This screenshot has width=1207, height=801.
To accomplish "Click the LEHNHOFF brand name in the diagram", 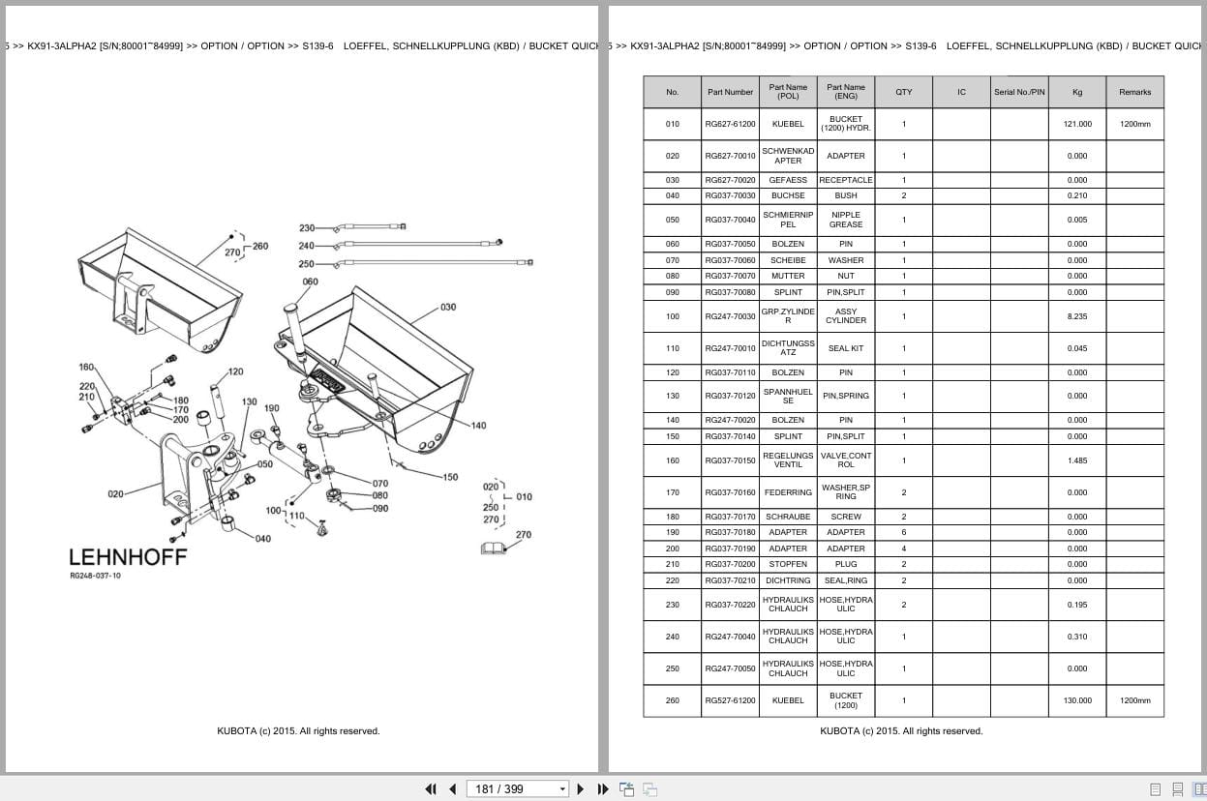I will click(128, 557).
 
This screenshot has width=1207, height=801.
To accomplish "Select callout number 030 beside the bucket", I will click(448, 308).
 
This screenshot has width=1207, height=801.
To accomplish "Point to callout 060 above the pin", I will click(310, 282).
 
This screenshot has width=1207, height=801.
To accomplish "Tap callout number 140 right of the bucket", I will click(478, 426).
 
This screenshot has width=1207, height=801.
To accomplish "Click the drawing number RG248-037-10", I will click(95, 576).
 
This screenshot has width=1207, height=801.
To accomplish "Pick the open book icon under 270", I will click(494, 549).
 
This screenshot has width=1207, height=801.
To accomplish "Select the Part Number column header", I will click(730, 92).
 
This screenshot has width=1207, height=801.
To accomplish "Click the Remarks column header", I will click(1134, 92).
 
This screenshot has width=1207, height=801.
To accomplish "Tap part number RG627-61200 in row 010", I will click(730, 124).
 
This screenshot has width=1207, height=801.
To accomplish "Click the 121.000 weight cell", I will click(1077, 124).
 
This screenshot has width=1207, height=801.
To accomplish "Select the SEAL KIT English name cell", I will click(845, 348).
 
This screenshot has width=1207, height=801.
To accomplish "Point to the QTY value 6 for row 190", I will click(904, 532).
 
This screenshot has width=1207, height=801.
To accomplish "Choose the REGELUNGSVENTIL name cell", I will click(788, 460).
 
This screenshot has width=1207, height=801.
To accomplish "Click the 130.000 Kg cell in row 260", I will click(1077, 700).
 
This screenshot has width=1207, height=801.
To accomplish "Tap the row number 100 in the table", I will click(673, 316).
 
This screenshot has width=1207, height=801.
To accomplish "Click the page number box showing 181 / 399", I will click(517, 788).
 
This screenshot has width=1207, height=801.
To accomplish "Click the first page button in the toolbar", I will click(431, 788).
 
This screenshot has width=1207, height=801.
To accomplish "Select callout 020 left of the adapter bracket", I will click(115, 493).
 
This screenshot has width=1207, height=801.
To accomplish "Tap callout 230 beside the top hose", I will click(306, 228).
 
